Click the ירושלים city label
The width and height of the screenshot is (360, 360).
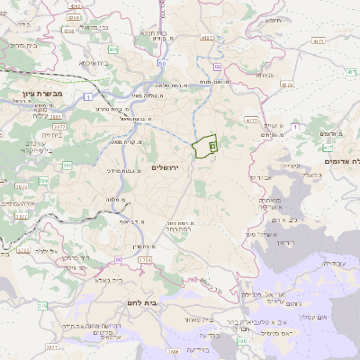point(166,168)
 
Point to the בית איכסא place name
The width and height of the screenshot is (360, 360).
point(94,63)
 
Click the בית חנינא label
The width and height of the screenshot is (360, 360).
point(158,33)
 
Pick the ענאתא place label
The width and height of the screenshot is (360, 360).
point(265,75)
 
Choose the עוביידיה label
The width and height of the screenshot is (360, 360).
point(333,263)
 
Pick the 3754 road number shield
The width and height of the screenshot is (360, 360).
point(146,260)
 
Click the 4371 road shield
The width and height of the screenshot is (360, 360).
point(317,40)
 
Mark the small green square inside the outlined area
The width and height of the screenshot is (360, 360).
point(212,144)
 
